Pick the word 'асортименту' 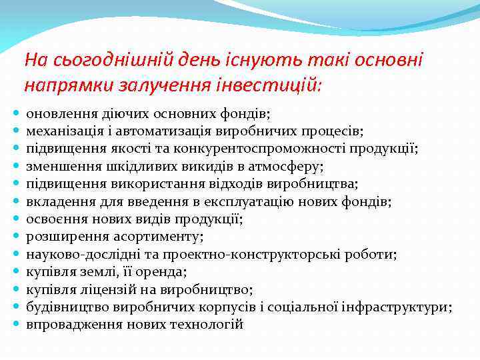pyautogui.click(x=130, y=237)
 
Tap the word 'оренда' pyautogui.click(x=163, y=272)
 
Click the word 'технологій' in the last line pyautogui.click(x=210, y=325)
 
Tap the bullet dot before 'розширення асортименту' pyautogui.click(x=16, y=237)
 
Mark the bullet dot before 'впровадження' pyautogui.click(x=16, y=325)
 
